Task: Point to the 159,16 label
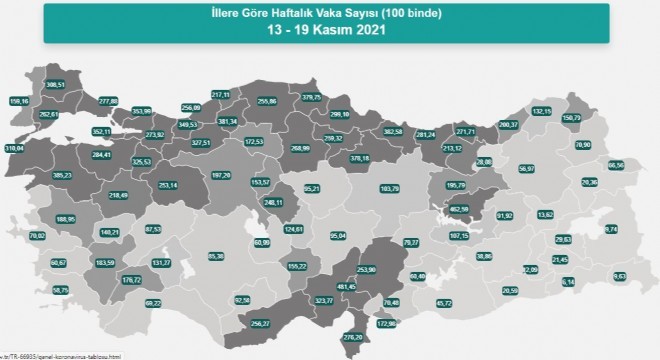(18, 101)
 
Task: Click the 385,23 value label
(62, 175)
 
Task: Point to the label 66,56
(616, 165)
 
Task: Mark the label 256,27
(261, 323)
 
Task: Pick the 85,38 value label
(216, 255)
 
